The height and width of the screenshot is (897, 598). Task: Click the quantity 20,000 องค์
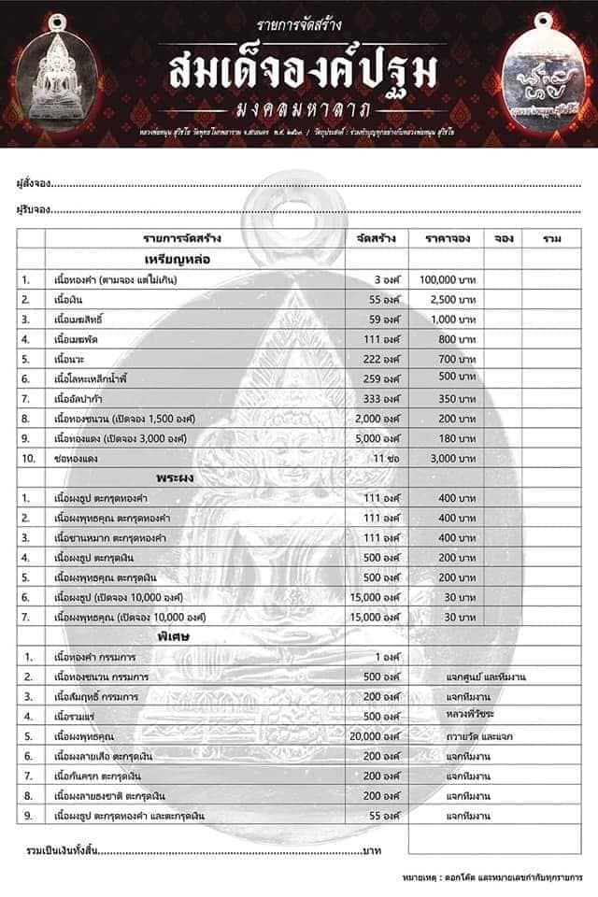pyautogui.click(x=373, y=736)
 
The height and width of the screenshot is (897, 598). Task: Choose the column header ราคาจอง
pyautogui.click(x=446, y=239)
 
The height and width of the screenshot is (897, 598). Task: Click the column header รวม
pyautogui.click(x=551, y=239)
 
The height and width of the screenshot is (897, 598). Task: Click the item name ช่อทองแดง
pyautogui.click(x=78, y=459)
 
